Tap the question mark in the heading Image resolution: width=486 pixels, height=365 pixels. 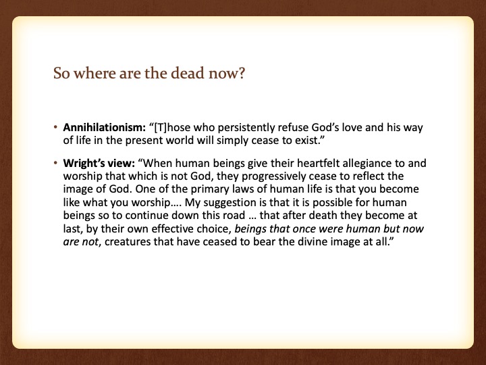click(242, 73)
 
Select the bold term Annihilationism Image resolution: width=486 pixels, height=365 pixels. click(104, 128)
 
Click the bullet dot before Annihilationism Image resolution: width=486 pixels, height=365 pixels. click(55, 127)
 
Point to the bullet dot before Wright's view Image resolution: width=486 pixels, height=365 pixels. click(55, 163)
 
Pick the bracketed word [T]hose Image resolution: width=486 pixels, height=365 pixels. click(172, 128)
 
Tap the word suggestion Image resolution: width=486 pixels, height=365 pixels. click(230, 203)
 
